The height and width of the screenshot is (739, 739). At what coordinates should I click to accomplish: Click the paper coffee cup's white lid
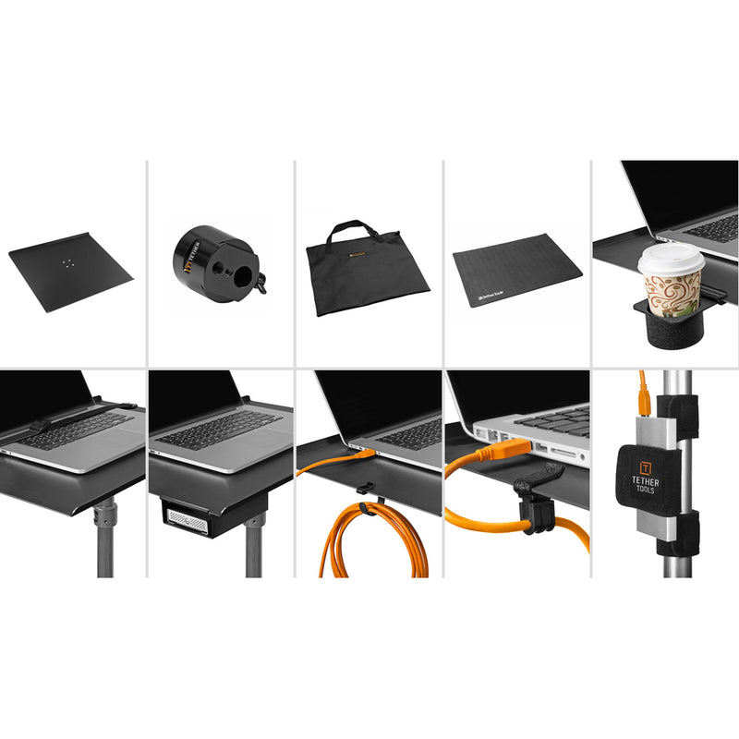pyautogui.click(x=671, y=260)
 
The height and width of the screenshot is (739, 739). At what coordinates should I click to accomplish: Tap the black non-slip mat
pyautogui.click(x=516, y=270)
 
